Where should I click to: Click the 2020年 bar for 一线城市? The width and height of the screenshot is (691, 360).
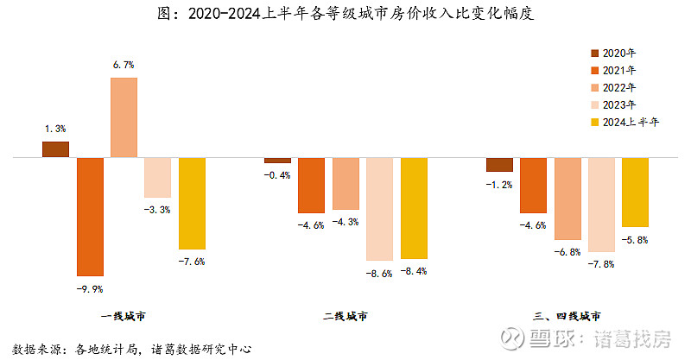pos(55,149)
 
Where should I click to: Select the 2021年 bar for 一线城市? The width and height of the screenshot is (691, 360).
pos(90,217)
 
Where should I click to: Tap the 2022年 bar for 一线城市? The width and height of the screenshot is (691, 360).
pos(124,117)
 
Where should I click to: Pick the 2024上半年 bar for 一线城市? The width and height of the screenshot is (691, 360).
pos(192,204)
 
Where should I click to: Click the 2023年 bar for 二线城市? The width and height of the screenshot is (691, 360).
pos(379,209)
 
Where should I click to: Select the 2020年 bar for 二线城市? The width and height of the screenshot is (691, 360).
pos(277,161)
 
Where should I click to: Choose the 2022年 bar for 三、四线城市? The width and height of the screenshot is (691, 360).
pos(567,199)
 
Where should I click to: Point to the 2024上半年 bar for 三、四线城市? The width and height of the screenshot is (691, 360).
pos(635,193)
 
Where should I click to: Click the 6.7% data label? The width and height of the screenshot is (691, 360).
pos(124,65)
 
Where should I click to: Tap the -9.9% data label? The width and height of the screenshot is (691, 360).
pos(90,289)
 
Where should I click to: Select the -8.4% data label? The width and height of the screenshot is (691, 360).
pos(414,271)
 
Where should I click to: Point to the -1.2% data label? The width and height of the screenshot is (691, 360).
pos(499,184)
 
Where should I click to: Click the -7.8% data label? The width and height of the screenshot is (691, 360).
pos(601,264)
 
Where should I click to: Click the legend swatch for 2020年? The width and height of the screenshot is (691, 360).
pos(594,54)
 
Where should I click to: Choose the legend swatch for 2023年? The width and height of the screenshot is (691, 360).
pos(594,105)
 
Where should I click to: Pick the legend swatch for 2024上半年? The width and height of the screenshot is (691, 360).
pos(594,123)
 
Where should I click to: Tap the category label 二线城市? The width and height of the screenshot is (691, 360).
pos(345,316)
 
